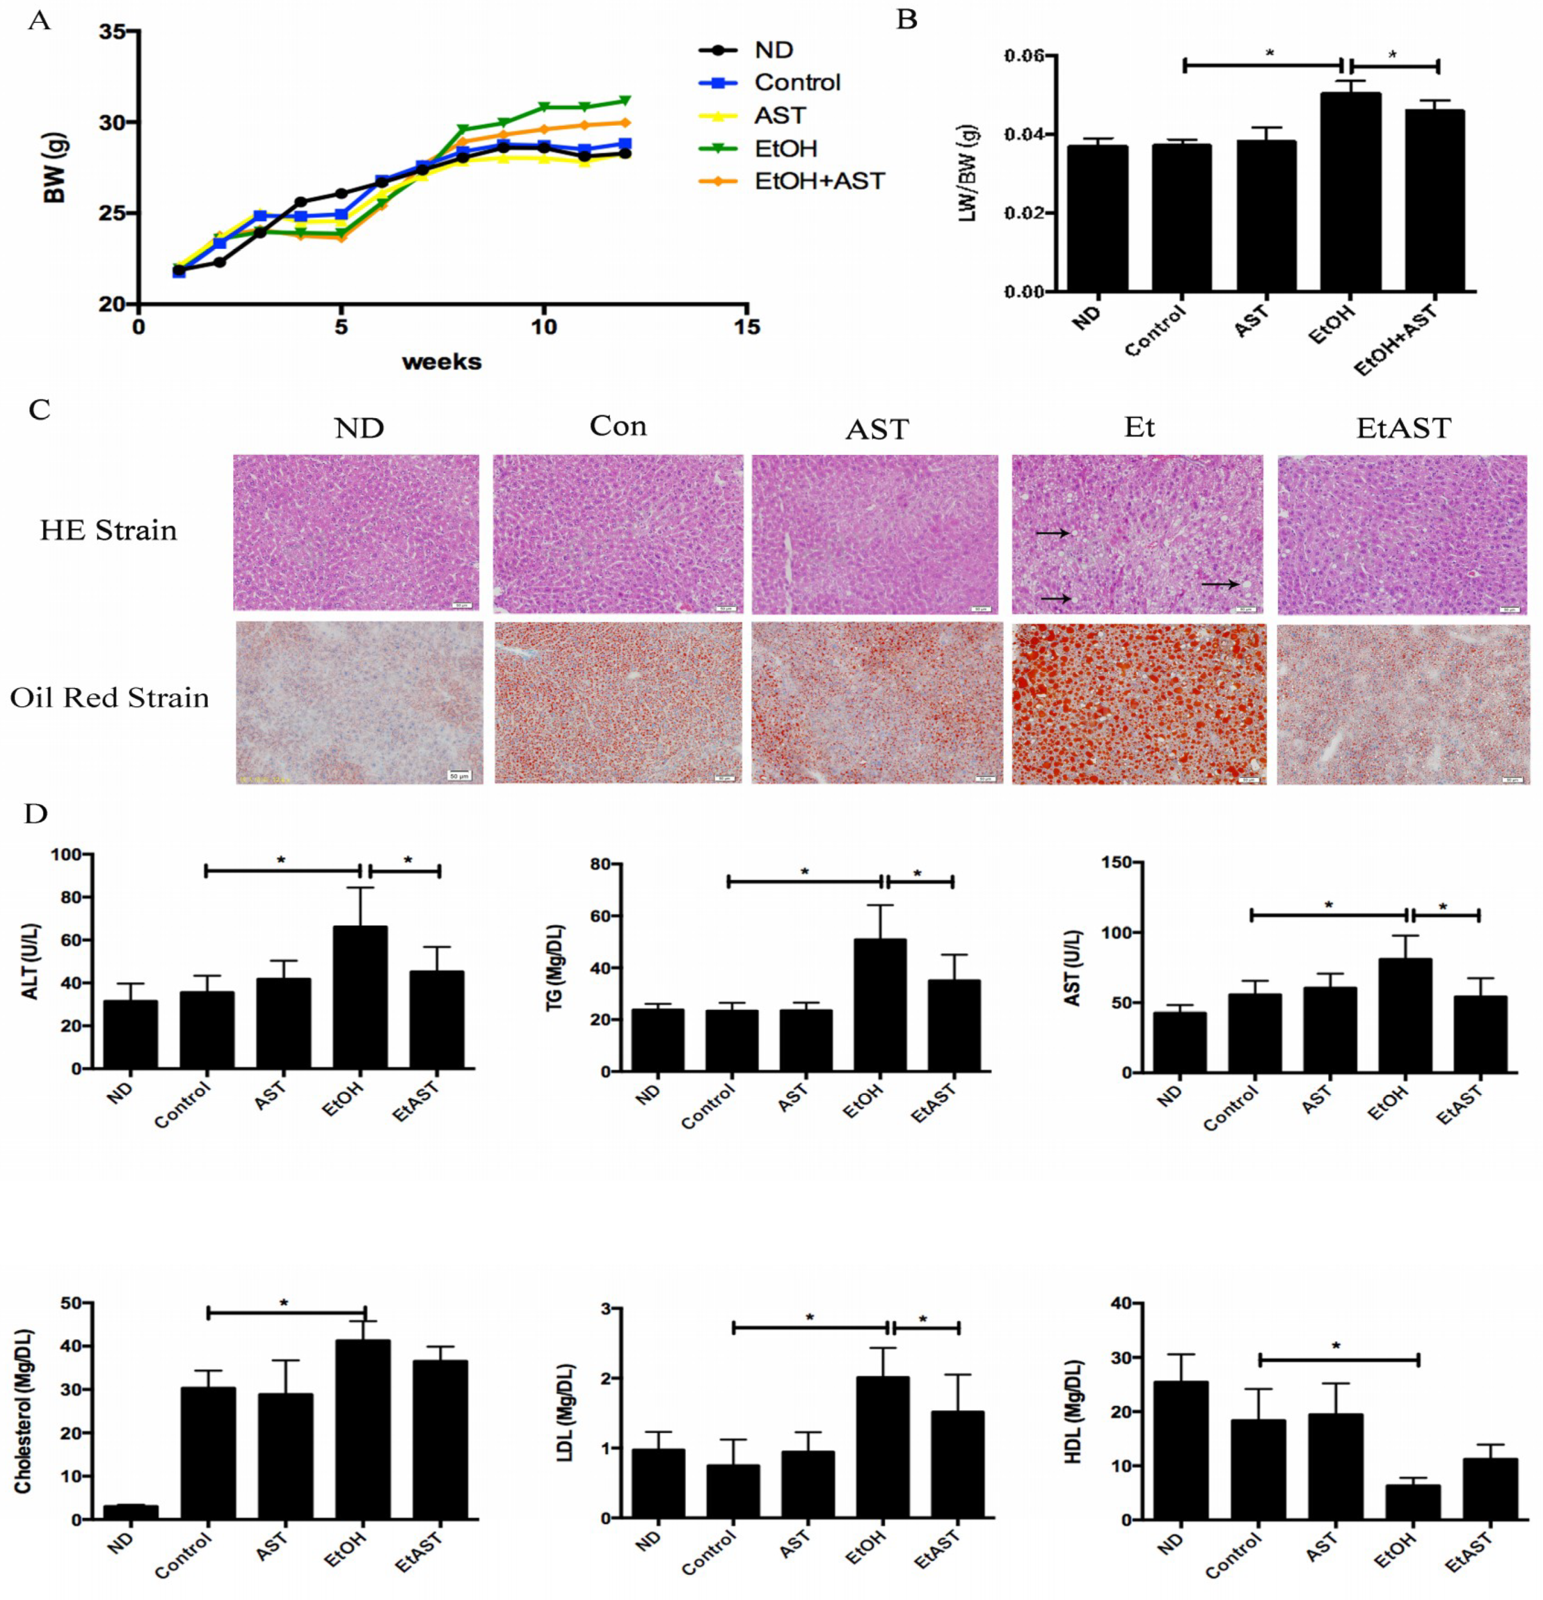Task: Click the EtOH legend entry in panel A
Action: click(785, 149)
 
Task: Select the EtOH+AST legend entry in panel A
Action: click(818, 181)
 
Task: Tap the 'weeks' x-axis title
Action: click(441, 362)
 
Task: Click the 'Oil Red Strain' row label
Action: click(109, 698)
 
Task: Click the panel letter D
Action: click(36, 814)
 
